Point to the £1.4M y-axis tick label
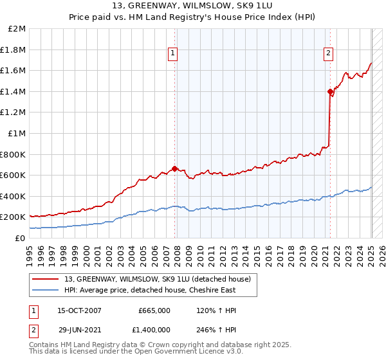(14, 91)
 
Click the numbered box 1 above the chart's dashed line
(174, 54)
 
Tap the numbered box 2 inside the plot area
(328, 54)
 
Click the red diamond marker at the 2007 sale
(175, 169)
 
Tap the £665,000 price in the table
(154, 310)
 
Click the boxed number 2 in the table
(33, 330)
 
